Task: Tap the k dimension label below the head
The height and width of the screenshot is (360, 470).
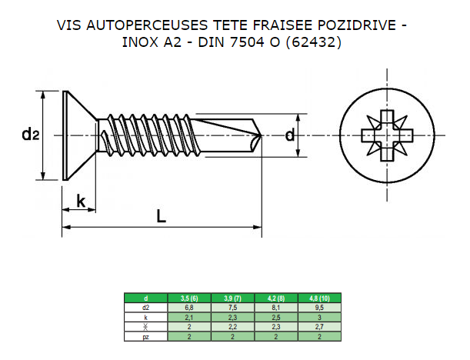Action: point(81,202)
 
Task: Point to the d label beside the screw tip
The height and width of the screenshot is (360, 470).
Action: point(289,135)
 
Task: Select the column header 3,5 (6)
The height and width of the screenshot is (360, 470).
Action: point(190,298)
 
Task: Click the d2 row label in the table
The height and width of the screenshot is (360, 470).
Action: point(146,307)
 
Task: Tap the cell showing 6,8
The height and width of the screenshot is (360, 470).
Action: point(190,307)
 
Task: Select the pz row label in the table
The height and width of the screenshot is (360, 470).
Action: point(146,337)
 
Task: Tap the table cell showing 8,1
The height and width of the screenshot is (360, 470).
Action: point(275,307)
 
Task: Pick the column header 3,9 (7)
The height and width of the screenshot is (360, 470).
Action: point(232,298)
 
